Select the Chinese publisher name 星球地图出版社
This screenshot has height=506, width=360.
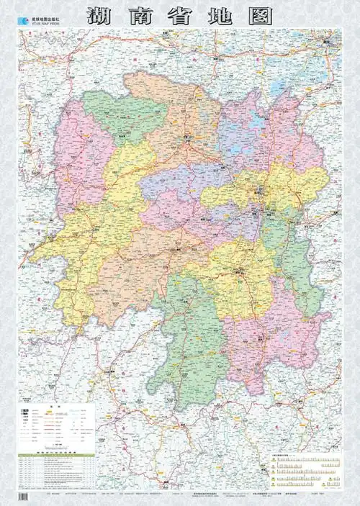(45, 10)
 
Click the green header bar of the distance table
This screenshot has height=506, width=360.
(56, 453)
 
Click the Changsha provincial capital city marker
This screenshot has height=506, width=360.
(261, 193)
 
